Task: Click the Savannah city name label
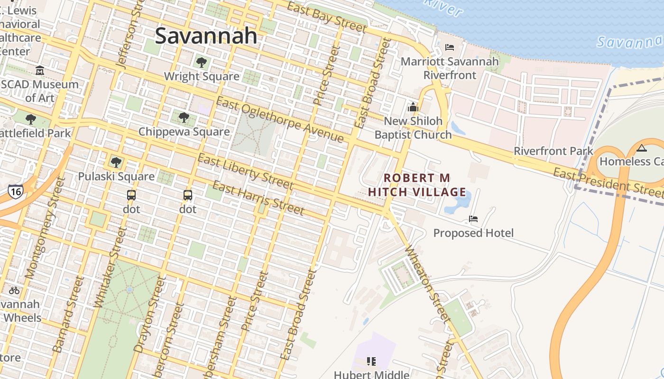pyautogui.click(x=206, y=36)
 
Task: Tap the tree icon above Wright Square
pyautogui.click(x=201, y=62)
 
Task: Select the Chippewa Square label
pyautogui.click(x=184, y=132)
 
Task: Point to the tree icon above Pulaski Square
pyautogui.click(x=116, y=162)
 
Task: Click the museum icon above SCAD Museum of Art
pyautogui.click(x=40, y=71)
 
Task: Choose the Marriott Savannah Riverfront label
pyautogui.click(x=450, y=68)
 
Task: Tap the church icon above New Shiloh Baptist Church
pyautogui.click(x=413, y=107)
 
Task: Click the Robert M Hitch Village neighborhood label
pyautogui.click(x=417, y=185)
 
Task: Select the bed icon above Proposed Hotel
pyautogui.click(x=473, y=219)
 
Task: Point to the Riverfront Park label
pyautogui.click(x=553, y=151)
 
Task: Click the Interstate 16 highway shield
pyautogui.click(x=15, y=191)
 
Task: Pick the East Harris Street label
pyautogui.click(x=258, y=198)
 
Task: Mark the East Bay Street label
pyautogui.click(x=327, y=17)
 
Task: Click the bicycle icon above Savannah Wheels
pyautogui.click(x=14, y=290)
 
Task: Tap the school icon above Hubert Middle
pyautogui.click(x=371, y=362)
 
